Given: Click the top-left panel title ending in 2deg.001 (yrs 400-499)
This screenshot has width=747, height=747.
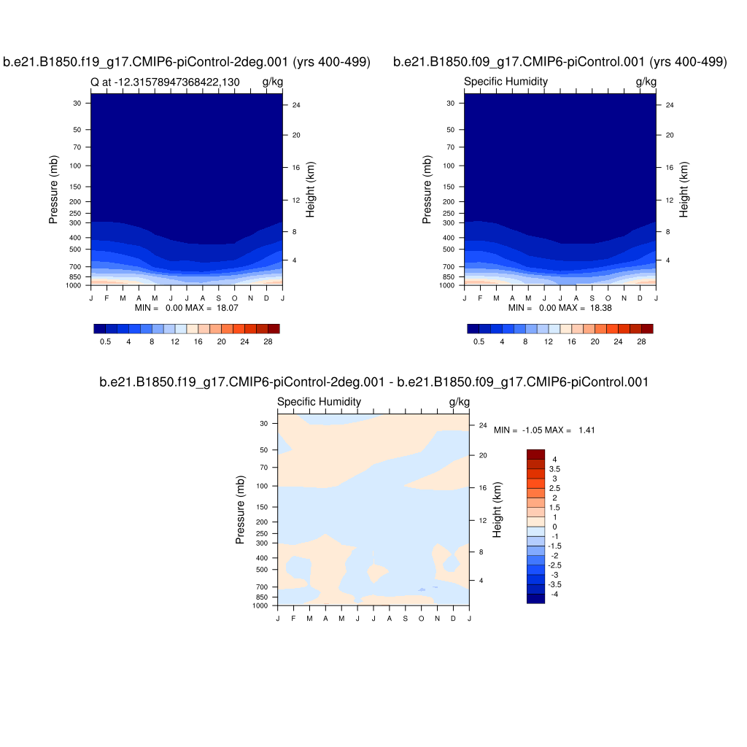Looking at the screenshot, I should coord(187,62).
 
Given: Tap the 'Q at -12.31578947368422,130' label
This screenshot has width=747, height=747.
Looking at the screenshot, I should coord(165,82).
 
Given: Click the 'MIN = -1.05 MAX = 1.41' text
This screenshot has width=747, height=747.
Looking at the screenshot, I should coord(544,430).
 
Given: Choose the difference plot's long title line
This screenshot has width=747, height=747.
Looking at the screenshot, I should coord(373,382).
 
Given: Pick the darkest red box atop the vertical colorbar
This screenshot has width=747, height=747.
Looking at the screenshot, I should coord(535,454).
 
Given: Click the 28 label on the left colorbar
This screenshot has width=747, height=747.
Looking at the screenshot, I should coord(268,341).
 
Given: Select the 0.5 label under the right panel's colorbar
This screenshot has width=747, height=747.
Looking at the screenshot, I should coord(479,341).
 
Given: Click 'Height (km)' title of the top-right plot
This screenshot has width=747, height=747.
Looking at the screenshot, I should coord(684,190).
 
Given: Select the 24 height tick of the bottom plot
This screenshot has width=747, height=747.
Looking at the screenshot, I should coord(482,425).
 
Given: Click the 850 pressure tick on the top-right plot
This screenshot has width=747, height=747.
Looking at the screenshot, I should coord(449,277).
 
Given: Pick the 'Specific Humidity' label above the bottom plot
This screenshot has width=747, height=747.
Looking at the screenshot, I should coord(319,402).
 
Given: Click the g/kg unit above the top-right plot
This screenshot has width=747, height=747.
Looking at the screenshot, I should coord(646,82).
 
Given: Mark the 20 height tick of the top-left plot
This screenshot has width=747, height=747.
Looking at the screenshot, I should coord(296,136).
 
